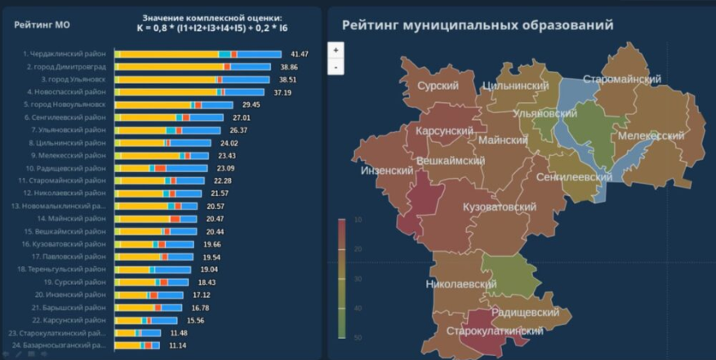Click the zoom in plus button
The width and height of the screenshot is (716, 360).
point(336,50)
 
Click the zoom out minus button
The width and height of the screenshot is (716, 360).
point(336,67)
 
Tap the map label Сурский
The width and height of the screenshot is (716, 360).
point(438,85)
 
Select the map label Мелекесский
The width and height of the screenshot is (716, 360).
point(651,136)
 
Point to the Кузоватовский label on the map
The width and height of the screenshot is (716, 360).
point(499,207)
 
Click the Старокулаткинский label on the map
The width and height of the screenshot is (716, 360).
point(495,331)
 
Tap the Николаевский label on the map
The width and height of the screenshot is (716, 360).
point(460,284)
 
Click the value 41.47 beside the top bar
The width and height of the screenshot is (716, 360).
point(299,54)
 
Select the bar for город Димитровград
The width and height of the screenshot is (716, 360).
point(193,67)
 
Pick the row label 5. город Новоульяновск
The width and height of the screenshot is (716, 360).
point(64,105)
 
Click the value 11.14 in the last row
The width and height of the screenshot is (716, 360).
point(177,346)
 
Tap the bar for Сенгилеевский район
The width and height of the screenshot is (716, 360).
point(169,118)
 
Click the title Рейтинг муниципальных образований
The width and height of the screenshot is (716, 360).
point(478,25)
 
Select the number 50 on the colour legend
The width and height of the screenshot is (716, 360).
point(358,337)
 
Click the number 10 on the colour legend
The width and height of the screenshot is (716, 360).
point(358,220)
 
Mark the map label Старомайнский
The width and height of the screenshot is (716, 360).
point(621,79)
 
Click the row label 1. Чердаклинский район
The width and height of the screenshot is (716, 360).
point(64,54)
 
